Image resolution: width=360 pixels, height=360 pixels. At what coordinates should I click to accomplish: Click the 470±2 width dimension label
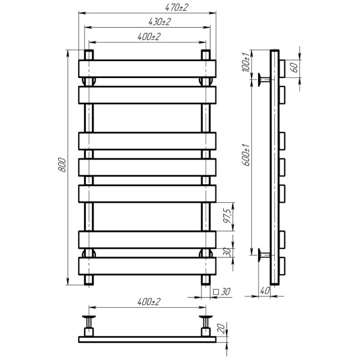pos(176,7)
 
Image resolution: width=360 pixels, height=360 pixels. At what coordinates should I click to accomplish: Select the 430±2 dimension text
pos(160,22)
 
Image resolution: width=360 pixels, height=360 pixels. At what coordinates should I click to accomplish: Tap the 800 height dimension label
pos(62,164)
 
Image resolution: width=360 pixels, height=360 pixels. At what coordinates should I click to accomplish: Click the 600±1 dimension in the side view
pos(247,155)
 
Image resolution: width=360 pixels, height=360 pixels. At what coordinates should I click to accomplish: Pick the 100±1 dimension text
pos(245,62)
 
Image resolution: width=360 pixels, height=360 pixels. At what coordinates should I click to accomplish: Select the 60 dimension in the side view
pos(295,67)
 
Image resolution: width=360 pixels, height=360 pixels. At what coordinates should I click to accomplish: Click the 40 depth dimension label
pos(265,291)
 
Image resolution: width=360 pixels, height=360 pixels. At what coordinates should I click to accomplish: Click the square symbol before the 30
pos(216,292)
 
